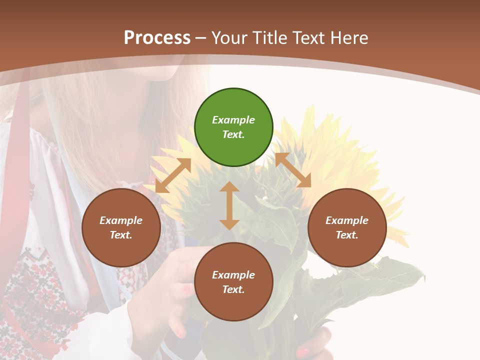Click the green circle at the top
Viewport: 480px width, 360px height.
[233, 127]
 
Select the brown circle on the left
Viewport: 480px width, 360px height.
[121, 227]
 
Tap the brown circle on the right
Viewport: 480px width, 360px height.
[347, 227]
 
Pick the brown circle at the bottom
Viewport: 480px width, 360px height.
[233, 282]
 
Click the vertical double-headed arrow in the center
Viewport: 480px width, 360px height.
[229, 205]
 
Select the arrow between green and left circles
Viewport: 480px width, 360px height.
[173, 175]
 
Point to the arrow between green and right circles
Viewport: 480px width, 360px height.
[293, 170]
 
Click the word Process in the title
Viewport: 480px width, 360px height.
[157, 37]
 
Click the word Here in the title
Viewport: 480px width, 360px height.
[349, 37]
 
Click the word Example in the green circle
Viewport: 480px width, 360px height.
[233, 120]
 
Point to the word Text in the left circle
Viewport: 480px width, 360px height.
[121, 235]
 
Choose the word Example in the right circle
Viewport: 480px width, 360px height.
[347, 220]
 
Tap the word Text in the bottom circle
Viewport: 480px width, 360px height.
[233, 289]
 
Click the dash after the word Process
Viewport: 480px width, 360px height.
[201, 38]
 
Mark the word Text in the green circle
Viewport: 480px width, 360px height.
[233, 134]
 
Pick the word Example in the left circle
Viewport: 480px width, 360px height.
[121, 220]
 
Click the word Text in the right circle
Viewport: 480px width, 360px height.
[347, 235]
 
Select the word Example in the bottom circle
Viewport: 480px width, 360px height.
[233, 275]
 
